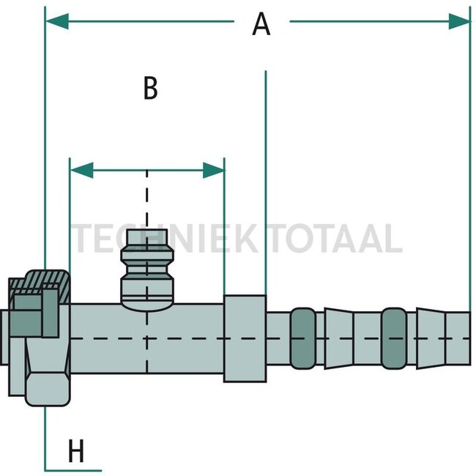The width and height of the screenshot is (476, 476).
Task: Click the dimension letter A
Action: pyautogui.click(x=261, y=24)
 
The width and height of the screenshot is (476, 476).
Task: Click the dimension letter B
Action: pyautogui.click(x=151, y=88)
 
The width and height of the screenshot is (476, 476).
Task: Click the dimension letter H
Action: pyautogui.click(x=76, y=450)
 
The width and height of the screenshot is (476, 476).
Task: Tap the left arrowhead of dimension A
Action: pyautogui.click(x=57, y=21)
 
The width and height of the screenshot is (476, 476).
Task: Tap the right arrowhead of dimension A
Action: pyautogui.click(x=459, y=21)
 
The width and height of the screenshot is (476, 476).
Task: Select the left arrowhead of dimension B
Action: pyautogui.click(x=82, y=171)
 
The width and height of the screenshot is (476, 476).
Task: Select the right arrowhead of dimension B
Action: pyautogui.click(x=214, y=171)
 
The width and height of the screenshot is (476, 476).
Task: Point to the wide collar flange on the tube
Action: pyautogui.click(x=245, y=338)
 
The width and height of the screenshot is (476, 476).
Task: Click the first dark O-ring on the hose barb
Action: pyautogui.click(x=302, y=338)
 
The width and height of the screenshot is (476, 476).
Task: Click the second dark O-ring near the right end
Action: pyautogui.click(x=394, y=338)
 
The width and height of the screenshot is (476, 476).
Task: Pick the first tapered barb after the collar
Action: pyautogui.click(x=339, y=338)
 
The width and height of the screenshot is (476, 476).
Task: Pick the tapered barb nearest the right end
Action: pyautogui.click(x=431, y=338)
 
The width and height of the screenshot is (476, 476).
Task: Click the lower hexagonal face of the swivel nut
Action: pyautogui.click(x=48, y=389)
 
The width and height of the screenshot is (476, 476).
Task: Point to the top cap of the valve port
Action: pyautogui.click(x=147, y=237)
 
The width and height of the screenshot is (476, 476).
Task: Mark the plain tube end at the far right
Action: pyautogui.click(x=458, y=338)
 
